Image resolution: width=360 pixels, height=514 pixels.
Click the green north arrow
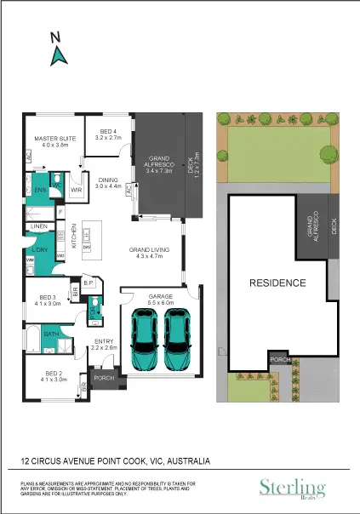(60, 56)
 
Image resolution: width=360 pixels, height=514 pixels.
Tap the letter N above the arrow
(55, 36)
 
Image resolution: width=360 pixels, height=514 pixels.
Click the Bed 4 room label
(108, 132)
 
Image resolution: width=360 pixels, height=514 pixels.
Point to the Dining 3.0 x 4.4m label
(108, 183)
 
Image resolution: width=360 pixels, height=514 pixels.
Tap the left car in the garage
(146, 338)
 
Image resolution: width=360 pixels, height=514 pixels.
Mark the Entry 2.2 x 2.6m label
(105, 345)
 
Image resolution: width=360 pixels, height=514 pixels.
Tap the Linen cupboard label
(39, 227)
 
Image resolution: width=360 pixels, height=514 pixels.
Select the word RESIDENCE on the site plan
(277, 282)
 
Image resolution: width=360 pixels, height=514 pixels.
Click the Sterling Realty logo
(292, 488)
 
